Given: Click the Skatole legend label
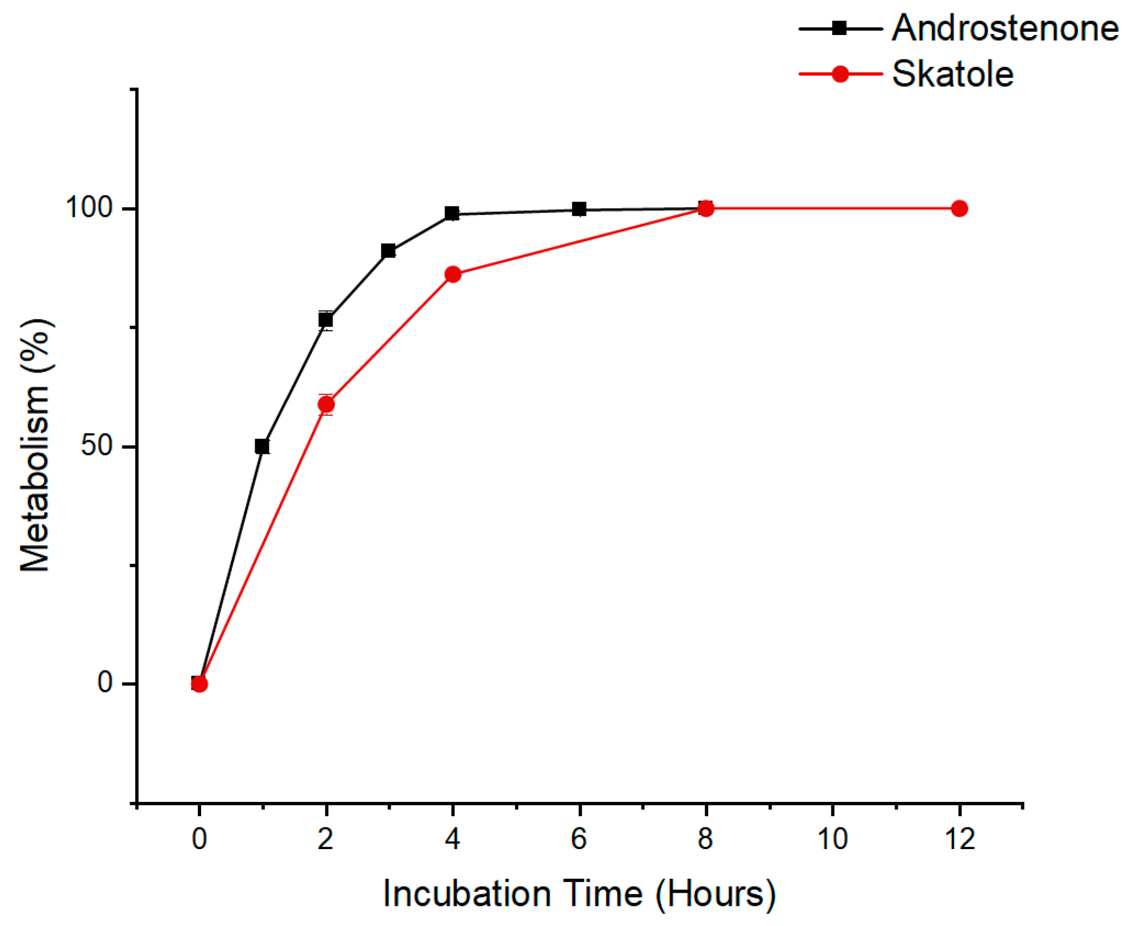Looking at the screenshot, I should pyautogui.click(x=952, y=74).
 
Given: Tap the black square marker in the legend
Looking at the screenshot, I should pyautogui.click(x=840, y=28).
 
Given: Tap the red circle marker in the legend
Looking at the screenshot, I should pyautogui.click(x=840, y=74).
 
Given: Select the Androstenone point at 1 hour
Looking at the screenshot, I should pyautogui.click(x=262, y=446).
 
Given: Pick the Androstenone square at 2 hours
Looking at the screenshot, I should pyautogui.click(x=325, y=320).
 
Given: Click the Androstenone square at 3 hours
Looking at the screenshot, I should pyautogui.click(x=388, y=251).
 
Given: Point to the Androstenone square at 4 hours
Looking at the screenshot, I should pyautogui.click(x=452, y=214).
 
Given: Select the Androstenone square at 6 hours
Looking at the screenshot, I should pyautogui.click(x=579, y=209).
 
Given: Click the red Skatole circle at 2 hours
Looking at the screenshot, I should pyautogui.click(x=326, y=405).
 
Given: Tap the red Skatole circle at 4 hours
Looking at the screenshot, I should pyautogui.click(x=453, y=275).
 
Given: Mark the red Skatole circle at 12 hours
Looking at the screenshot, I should pyautogui.click(x=959, y=208).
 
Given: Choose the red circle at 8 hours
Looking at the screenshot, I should pyautogui.click(x=706, y=208).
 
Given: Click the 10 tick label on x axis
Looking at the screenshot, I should pyautogui.click(x=832, y=839).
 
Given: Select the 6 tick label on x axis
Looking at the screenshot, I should pyautogui.click(x=579, y=839).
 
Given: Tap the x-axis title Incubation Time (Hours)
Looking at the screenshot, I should pyautogui.click(x=579, y=894).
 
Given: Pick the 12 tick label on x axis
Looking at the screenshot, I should pyautogui.click(x=959, y=839).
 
